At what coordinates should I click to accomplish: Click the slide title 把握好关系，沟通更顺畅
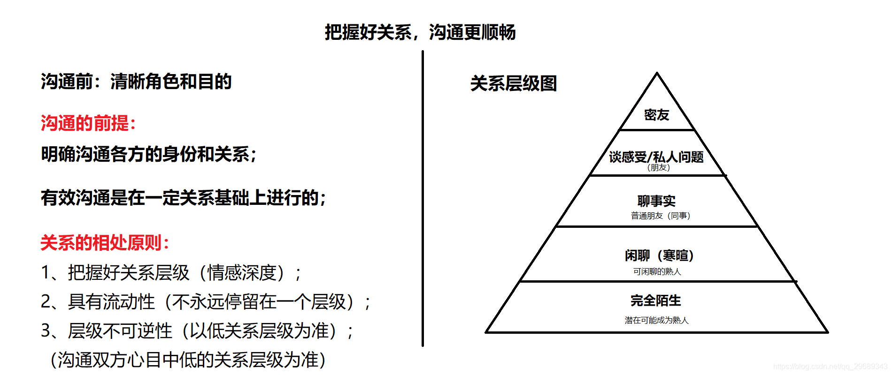click(x=420, y=32)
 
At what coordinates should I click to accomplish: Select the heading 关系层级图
click(x=513, y=83)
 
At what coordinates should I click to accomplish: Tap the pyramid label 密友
click(x=656, y=115)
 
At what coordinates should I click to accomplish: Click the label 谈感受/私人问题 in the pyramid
click(x=656, y=156)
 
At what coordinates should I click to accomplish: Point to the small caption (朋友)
click(x=659, y=167)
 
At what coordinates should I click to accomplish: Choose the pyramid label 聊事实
click(x=656, y=201)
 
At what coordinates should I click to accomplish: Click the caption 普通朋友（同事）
click(x=660, y=216)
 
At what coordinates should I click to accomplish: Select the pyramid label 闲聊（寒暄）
click(x=659, y=255)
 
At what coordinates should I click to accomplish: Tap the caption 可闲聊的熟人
click(x=657, y=271)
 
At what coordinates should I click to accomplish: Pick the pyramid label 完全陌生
click(x=656, y=300)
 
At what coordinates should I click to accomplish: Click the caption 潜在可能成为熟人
click(x=656, y=320)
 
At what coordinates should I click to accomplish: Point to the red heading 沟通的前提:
click(x=88, y=123)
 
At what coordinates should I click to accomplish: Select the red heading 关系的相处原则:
click(x=105, y=243)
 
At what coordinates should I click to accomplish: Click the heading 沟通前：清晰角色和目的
click(x=136, y=82)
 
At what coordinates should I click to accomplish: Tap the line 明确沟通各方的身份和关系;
click(x=149, y=154)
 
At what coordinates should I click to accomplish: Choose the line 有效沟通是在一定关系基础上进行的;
click(x=183, y=197)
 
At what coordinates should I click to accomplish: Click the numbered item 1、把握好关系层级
click(x=171, y=272)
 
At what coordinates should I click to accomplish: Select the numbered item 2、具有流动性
click(x=205, y=301)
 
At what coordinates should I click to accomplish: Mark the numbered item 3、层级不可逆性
click(x=197, y=330)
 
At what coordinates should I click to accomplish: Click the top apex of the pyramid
click(x=657, y=74)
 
